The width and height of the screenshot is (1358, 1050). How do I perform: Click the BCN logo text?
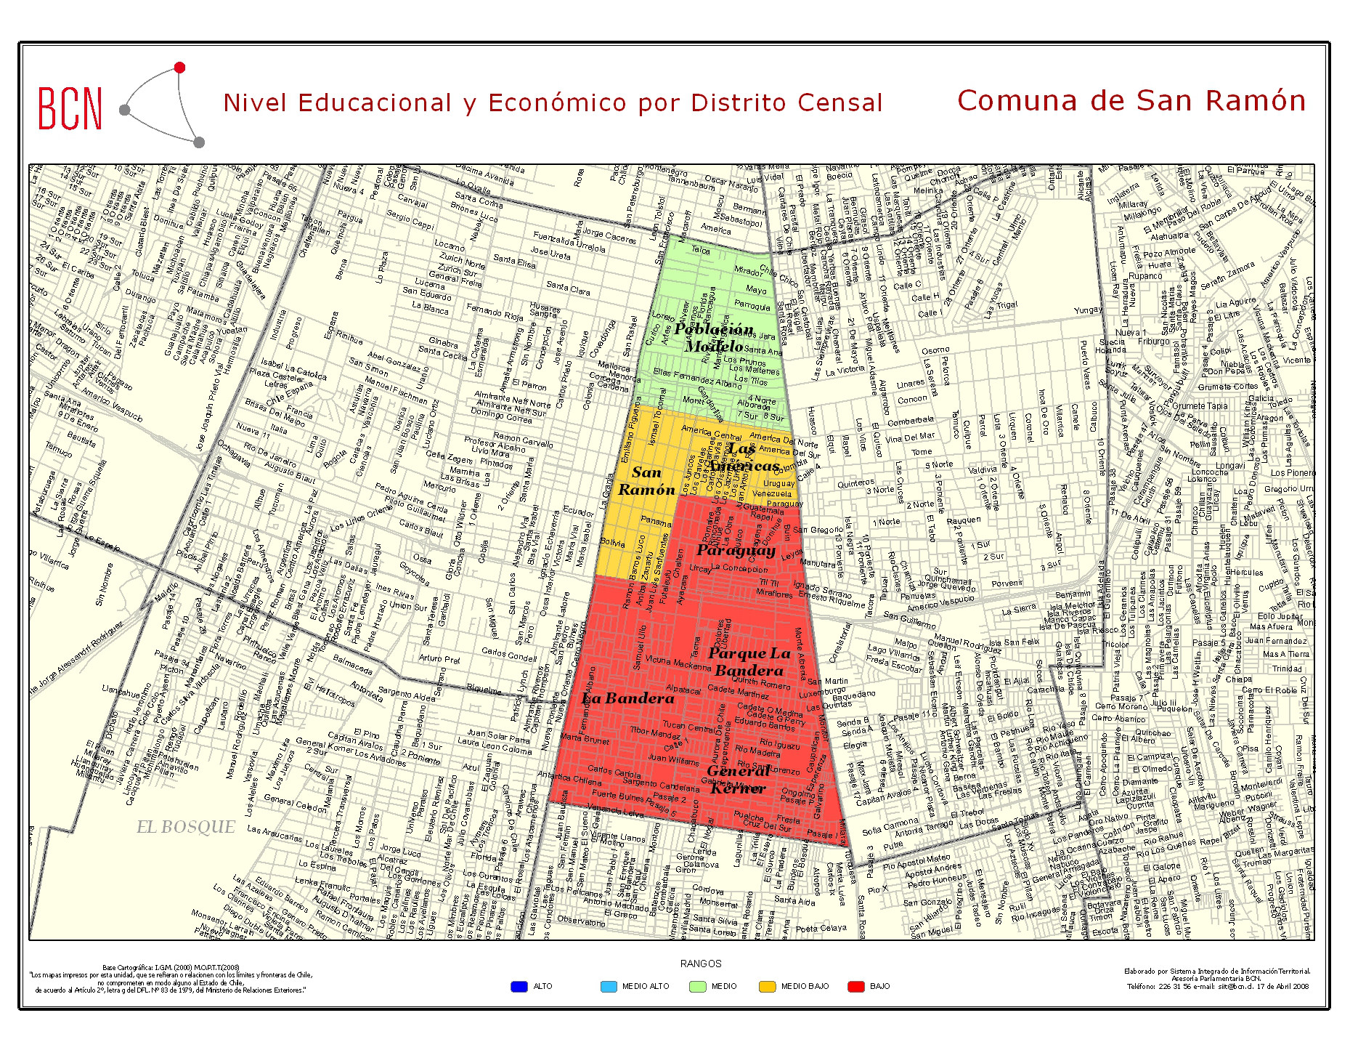coord(70,108)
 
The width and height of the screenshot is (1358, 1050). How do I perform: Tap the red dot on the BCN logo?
coord(179,68)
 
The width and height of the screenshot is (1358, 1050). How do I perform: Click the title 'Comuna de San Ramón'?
coord(1131,100)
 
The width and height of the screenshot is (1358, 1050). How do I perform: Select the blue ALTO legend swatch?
coord(519,987)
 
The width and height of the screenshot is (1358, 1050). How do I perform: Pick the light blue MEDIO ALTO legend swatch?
coord(609,987)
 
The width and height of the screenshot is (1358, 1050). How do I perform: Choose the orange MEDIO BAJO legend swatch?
coord(767,987)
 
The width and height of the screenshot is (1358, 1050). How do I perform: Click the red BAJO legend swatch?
coord(856,987)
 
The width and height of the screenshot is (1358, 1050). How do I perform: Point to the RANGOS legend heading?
coord(701,964)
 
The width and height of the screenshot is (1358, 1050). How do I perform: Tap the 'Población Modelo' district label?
coord(714,338)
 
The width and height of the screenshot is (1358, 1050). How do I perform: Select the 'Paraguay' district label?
coord(736,550)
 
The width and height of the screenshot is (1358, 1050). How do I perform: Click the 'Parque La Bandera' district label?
coord(749,662)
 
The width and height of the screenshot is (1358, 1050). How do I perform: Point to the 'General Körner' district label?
coord(738,780)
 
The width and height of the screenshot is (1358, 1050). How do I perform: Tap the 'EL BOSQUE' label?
coord(186,827)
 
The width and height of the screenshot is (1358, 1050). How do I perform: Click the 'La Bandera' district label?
coord(628,698)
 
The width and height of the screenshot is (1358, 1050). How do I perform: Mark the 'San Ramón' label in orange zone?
coord(646,481)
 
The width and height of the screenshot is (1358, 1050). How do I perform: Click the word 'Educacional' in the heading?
coord(374,103)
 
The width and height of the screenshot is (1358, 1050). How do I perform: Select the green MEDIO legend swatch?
coord(698,987)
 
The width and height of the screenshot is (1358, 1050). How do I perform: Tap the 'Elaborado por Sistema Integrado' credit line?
coord(1217,972)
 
